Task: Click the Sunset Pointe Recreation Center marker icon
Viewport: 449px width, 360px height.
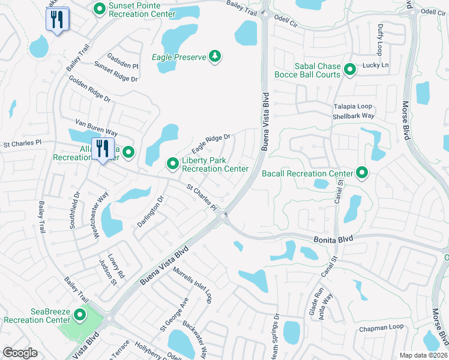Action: (x=100, y=9)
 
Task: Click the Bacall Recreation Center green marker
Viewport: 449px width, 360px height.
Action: (x=362, y=173)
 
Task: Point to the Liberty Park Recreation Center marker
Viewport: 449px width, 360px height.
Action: (x=173, y=163)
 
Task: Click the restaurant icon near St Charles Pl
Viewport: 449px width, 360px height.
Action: (x=102, y=148)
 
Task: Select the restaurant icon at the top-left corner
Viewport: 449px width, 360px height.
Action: (x=58, y=19)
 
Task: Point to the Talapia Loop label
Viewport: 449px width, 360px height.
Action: (x=354, y=106)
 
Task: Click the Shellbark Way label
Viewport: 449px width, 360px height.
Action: (x=354, y=116)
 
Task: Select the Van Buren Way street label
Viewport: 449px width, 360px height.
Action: (x=95, y=131)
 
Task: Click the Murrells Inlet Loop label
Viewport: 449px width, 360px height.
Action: (x=193, y=284)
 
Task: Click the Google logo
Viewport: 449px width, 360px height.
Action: (x=20, y=353)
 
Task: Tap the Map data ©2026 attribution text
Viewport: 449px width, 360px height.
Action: (x=423, y=355)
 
